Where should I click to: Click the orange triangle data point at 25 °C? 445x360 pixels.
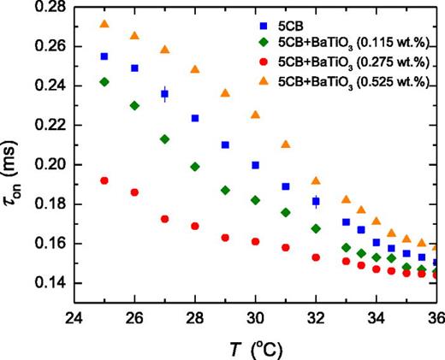point(104,24)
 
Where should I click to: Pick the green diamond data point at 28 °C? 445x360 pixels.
point(195,167)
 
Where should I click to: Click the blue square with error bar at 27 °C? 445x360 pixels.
point(165,94)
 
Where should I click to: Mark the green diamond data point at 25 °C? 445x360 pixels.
point(104,82)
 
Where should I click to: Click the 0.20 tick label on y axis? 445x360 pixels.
point(51,164)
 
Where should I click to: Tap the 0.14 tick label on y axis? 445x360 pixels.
point(51,283)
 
